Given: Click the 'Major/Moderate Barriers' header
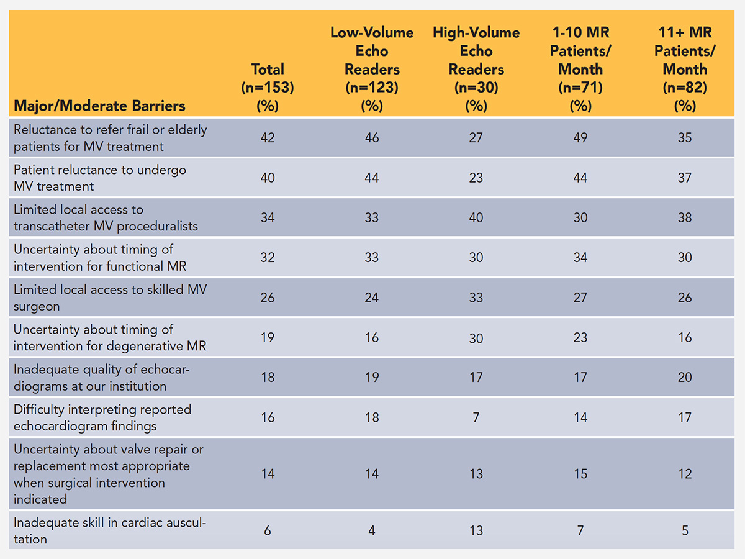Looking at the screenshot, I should pyautogui.click(x=99, y=106).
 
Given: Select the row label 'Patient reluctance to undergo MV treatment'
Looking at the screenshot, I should pyautogui.click(x=99, y=178).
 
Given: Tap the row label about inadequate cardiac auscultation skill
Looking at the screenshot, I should pyautogui.click(x=109, y=531).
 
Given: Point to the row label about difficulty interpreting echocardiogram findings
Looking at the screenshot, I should pyautogui.click(x=102, y=417).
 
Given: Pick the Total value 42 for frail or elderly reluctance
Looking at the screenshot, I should pyautogui.click(x=268, y=138).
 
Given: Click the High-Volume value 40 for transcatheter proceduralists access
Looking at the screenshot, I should pyautogui.click(x=476, y=217).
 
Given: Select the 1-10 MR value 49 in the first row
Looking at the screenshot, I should pyautogui.click(x=580, y=138).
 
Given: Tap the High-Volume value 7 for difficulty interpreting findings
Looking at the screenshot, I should pyautogui.click(x=476, y=417).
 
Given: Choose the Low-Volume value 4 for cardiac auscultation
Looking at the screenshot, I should pyautogui.click(x=372, y=531).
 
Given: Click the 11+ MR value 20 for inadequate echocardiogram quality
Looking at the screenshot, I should pyautogui.click(x=685, y=377).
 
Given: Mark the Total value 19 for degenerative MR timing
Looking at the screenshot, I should pyautogui.click(x=268, y=337).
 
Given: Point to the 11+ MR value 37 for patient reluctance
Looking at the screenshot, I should pyautogui.click(x=685, y=178).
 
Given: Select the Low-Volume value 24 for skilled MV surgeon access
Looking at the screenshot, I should pyautogui.click(x=372, y=298).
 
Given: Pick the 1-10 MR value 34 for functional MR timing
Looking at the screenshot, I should pyautogui.click(x=580, y=257).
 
